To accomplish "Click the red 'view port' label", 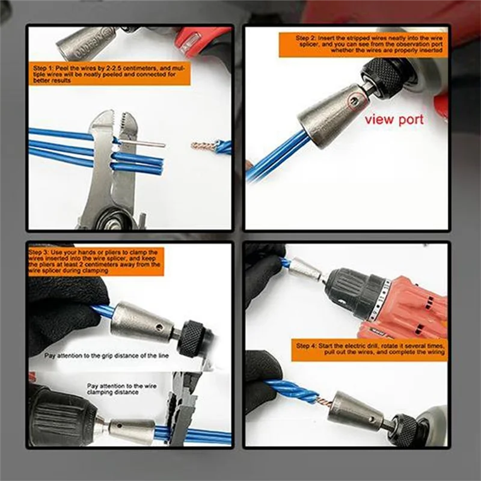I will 394,119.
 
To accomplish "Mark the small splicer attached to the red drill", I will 305,271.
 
